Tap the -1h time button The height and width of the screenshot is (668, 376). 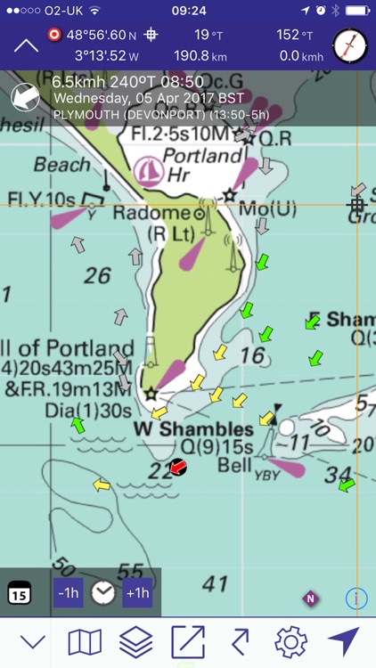[69, 593]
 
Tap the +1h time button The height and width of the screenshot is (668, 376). [136, 593]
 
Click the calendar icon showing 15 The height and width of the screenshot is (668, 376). [20, 593]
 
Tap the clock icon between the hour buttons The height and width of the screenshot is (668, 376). [102, 593]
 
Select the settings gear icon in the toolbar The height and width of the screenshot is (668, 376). [290, 641]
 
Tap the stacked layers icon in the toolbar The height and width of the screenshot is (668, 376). [136, 641]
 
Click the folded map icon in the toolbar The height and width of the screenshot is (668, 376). [85, 641]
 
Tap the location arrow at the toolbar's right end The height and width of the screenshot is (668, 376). [343, 641]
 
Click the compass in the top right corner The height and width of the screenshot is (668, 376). [349, 45]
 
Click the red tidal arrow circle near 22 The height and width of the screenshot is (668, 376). [178, 467]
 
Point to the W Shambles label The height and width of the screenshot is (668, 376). [192, 429]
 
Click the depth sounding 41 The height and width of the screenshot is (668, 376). [215, 583]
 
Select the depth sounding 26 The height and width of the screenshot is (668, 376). [97, 276]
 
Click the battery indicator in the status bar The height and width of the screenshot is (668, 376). [356, 11]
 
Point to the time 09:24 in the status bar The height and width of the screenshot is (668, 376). [188, 11]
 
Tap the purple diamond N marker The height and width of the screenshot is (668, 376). [310, 599]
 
